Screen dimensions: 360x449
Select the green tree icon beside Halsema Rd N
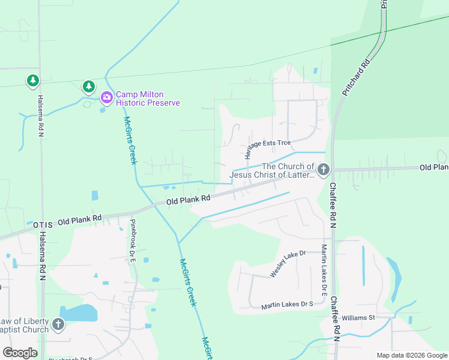coord(32,80)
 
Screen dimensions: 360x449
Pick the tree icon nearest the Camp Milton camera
coord(89,87)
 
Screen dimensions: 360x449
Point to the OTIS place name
coord(43,224)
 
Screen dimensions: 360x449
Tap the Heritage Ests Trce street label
coord(267,144)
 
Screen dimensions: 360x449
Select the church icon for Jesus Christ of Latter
coord(324,170)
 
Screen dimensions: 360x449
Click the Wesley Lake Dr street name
coord(288,263)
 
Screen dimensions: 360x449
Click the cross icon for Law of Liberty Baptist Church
coord(58,325)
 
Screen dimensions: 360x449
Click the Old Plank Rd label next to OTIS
coord(80,221)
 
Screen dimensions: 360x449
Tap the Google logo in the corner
coord(20,353)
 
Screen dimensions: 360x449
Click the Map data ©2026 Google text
coord(411,355)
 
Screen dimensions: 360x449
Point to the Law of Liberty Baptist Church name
coord(25,325)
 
